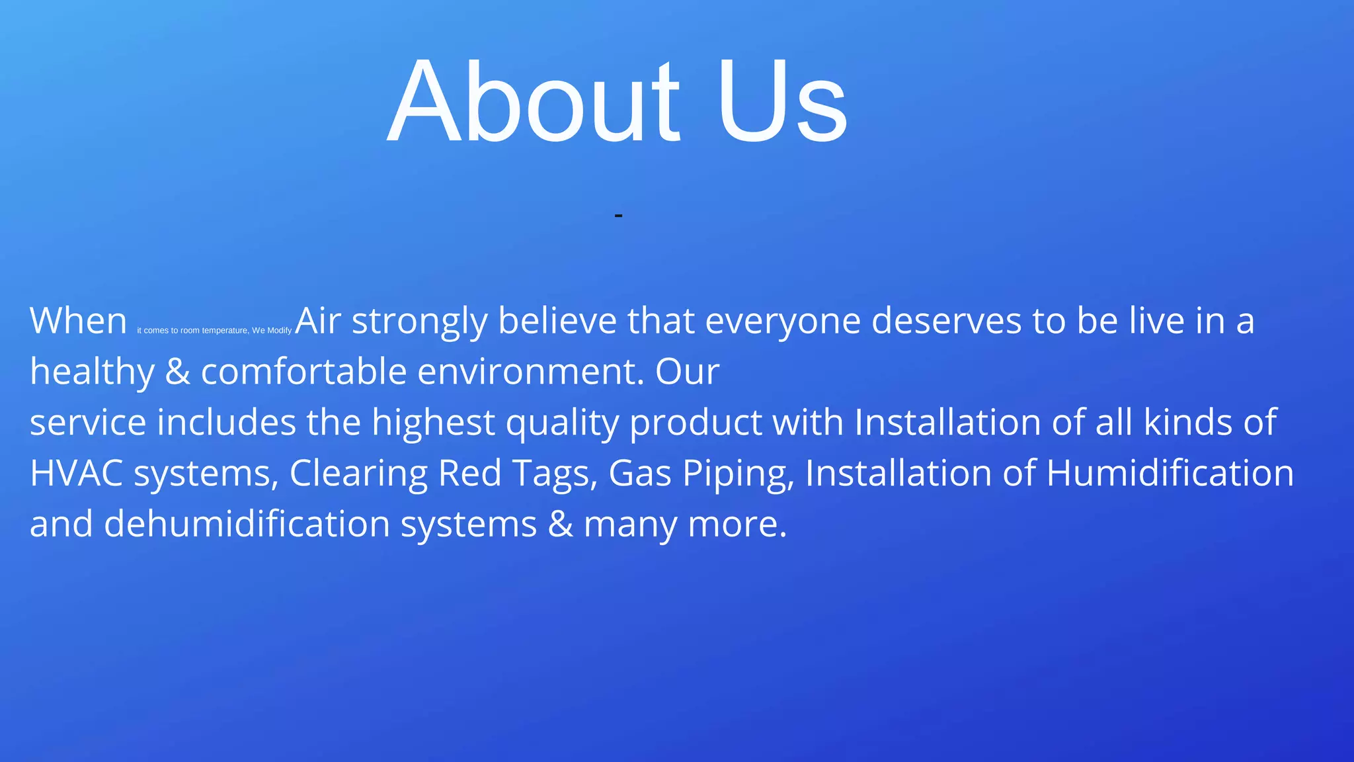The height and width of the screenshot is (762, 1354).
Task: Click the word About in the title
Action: [x=533, y=101]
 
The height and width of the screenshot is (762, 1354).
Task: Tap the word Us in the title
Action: [x=781, y=101]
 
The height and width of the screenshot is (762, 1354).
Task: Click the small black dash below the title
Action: [x=618, y=216]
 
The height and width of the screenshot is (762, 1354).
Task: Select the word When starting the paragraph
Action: [x=78, y=321]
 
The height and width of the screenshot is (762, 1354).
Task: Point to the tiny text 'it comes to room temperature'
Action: [x=192, y=330]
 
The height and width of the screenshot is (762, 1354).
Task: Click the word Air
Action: [x=318, y=321]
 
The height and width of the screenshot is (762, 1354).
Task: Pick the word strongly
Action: [x=419, y=322]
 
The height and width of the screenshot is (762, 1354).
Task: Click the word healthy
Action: [x=92, y=372]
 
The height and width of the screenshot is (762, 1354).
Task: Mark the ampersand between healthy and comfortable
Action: [x=177, y=372]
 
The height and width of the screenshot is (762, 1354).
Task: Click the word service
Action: [x=88, y=423]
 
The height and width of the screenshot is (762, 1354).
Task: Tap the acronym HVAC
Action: [x=77, y=474]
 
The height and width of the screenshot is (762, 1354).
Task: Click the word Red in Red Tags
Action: [x=469, y=474]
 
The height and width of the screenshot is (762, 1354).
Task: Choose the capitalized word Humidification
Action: [x=1170, y=474]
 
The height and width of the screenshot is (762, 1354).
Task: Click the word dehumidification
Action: [x=247, y=524]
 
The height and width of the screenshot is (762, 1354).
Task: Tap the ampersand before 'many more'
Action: [x=561, y=524]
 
